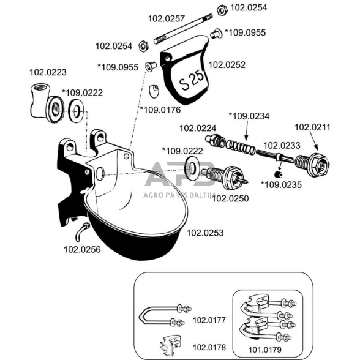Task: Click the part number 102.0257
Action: tap(167, 18)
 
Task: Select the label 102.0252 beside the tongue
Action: tap(227, 65)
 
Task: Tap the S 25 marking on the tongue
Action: tap(192, 81)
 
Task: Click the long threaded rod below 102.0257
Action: tap(183, 29)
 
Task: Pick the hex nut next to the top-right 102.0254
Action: tap(222, 10)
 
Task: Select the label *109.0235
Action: tap(281, 185)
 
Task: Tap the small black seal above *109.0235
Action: tap(278, 174)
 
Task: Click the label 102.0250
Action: tap(230, 198)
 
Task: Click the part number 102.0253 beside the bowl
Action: tap(205, 233)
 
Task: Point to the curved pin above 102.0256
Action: tap(82, 231)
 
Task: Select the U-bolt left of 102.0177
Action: tap(165, 315)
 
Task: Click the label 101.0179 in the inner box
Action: tap(264, 350)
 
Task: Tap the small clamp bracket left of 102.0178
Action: tap(170, 345)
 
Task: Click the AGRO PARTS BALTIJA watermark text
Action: tap(179, 195)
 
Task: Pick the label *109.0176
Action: tap(160, 110)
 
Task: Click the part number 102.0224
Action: tap(198, 128)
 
